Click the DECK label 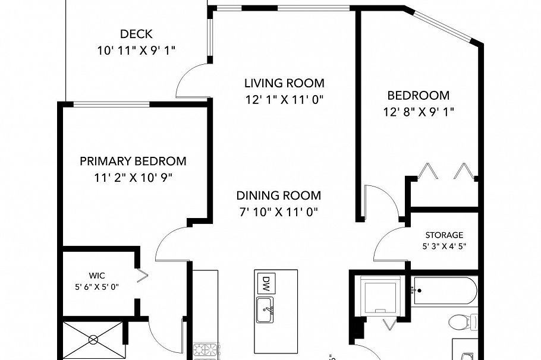pos(136,34)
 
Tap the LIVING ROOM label pos(284,83)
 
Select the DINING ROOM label pos(278,195)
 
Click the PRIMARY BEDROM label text pos(133,161)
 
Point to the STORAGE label pos(444,235)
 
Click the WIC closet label pos(96,276)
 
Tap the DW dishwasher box pos(266,283)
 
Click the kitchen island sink pos(265,310)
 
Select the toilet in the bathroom pos(463,322)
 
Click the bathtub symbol pos(445,290)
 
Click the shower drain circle pos(93,340)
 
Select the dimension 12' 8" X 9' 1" pos(419,112)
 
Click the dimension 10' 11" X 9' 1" pos(136,50)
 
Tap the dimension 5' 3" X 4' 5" pos(444,247)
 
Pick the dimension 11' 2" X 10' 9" pos(133,178)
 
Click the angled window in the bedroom pos(443,27)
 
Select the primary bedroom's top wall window pos(111,104)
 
